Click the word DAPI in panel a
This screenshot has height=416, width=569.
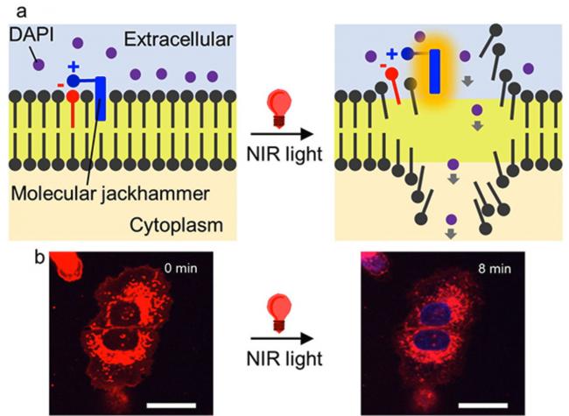(x=32, y=35)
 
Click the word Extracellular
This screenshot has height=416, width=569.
(x=179, y=39)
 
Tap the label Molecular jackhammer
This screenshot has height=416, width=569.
(x=110, y=194)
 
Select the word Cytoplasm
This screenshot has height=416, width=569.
(x=176, y=225)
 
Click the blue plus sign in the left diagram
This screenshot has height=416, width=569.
(x=74, y=67)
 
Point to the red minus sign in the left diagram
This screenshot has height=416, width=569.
(x=60, y=86)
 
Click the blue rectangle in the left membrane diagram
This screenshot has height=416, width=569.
(x=101, y=98)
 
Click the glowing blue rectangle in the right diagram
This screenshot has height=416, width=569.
(x=435, y=72)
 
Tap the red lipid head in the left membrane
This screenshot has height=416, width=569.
(x=73, y=96)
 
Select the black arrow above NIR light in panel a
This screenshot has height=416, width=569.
(x=282, y=134)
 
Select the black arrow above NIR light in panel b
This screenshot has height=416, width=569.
(x=282, y=339)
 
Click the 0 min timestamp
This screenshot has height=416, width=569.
(x=180, y=268)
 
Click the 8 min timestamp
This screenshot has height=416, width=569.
(x=495, y=269)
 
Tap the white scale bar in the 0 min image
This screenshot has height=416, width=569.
(x=172, y=405)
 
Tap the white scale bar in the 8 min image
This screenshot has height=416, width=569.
(x=483, y=405)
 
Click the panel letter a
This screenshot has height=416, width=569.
(x=21, y=11)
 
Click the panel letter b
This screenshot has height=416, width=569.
(x=39, y=257)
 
